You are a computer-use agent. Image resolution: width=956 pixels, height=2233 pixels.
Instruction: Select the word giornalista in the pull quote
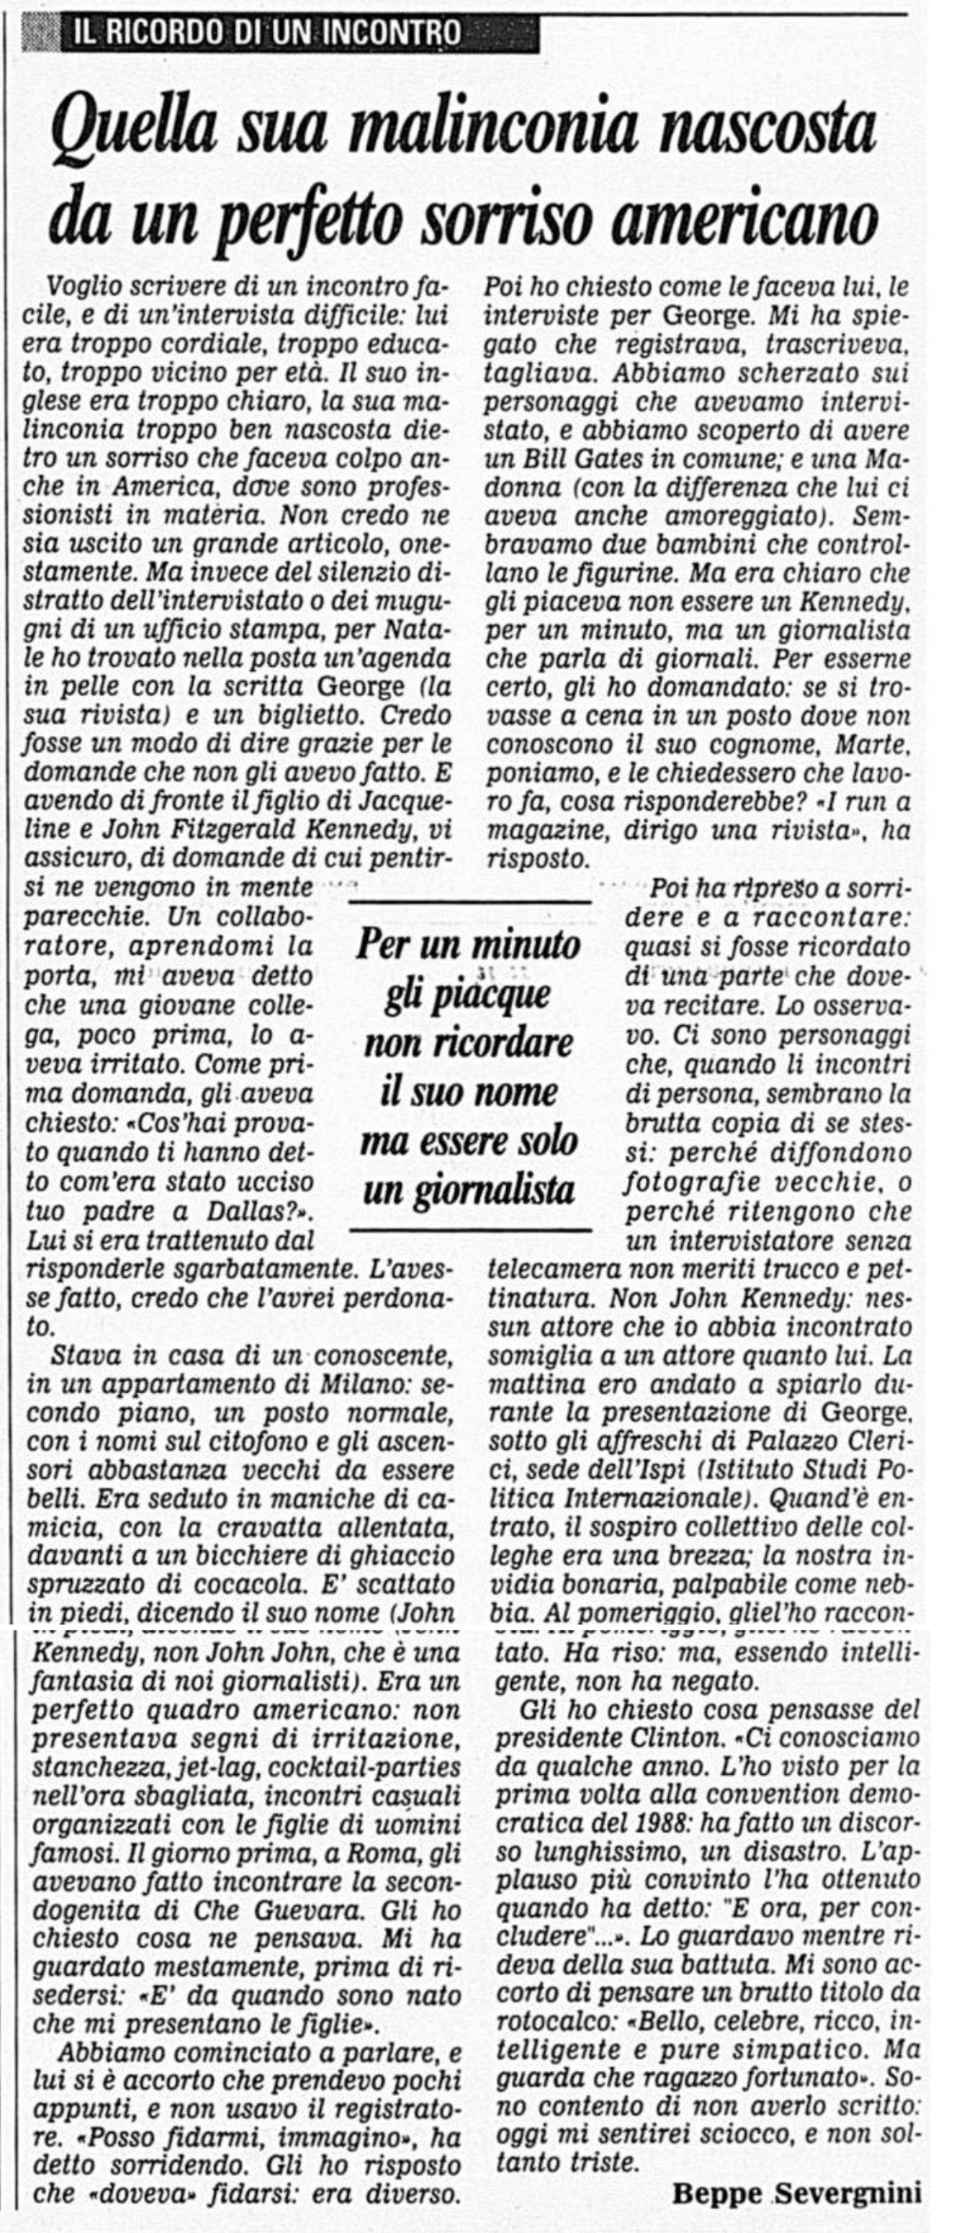469,1190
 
